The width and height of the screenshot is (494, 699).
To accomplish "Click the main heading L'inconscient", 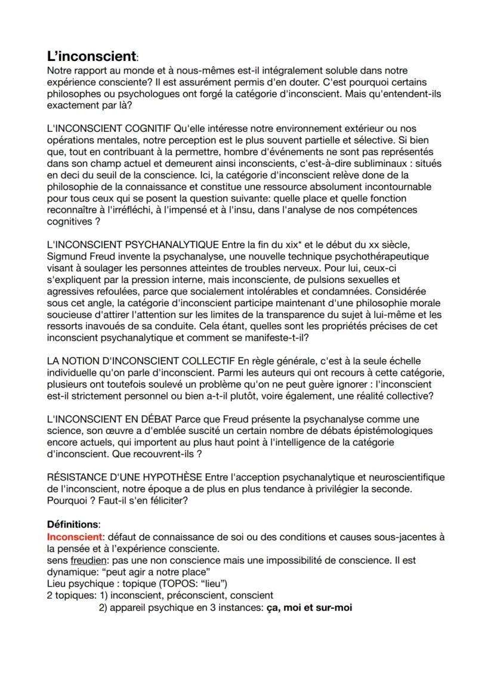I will [91, 57].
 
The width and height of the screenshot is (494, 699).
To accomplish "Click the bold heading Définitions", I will [73, 524].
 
